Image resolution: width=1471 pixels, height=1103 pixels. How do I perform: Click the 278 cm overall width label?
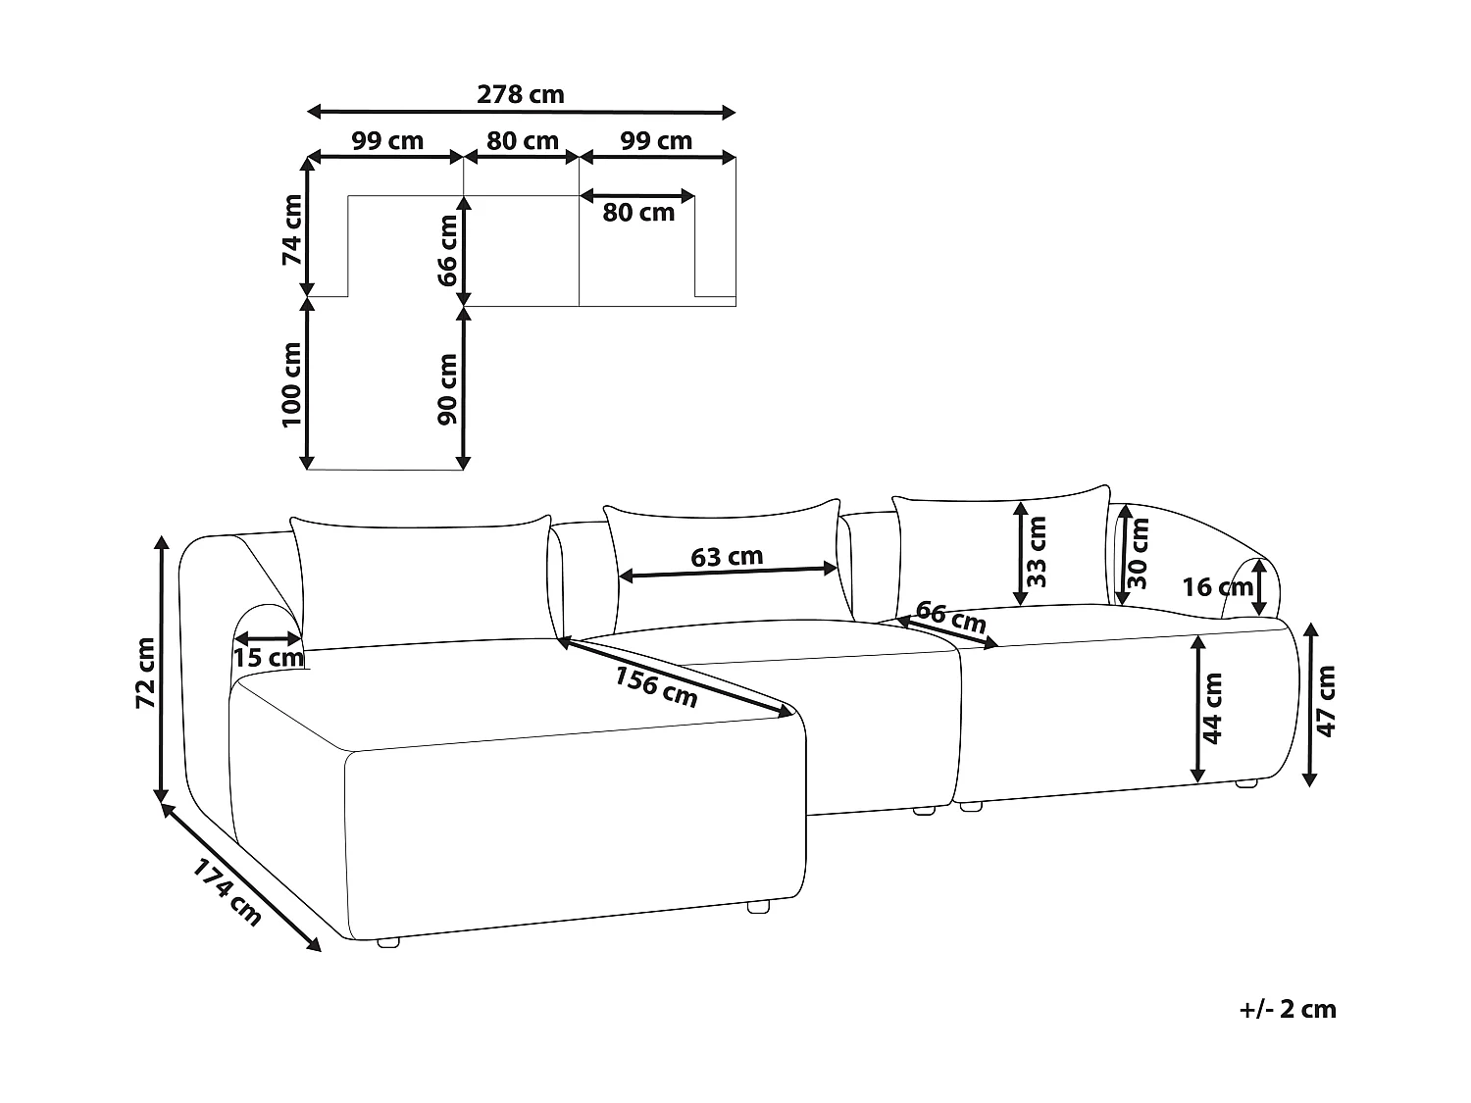tap(521, 95)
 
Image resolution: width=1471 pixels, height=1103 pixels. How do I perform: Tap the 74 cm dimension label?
tap(292, 230)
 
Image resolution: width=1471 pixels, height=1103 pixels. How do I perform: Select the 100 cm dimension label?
tap(292, 384)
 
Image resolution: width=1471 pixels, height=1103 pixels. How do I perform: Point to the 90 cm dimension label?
tap(448, 388)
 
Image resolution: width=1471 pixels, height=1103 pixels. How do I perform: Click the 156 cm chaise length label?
tap(656, 686)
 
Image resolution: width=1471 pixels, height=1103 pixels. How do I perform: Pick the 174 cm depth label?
tap(227, 892)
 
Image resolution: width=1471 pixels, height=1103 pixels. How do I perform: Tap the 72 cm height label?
tap(145, 673)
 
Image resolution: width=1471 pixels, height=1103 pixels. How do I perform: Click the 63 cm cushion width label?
tap(727, 557)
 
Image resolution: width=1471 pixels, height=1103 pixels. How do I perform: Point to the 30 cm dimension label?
tap(1138, 552)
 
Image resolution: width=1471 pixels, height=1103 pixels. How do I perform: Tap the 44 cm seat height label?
tap(1213, 708)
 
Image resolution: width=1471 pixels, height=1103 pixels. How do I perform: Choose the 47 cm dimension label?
tap(1326, 700)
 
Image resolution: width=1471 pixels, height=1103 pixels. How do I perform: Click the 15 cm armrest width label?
tap(268, 658)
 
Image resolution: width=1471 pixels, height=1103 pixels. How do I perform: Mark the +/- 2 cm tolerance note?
tap(1288, 1009)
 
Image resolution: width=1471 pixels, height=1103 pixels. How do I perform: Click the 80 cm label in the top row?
tap(523, 141)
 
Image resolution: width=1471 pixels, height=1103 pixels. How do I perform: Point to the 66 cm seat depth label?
tap(950, 620)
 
